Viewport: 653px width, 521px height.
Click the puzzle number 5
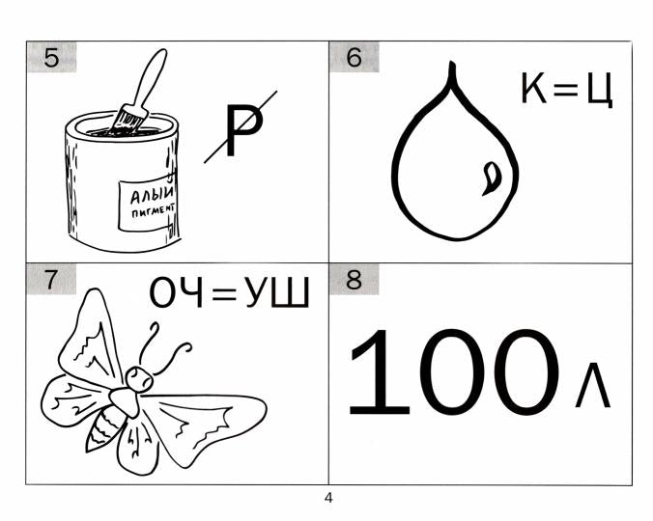point(51,58)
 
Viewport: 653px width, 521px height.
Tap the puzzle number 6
point(354,57)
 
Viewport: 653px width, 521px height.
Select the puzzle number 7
point(51,280)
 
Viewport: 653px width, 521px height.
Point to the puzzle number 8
point(354,280)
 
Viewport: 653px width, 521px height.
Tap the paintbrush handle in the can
point(149,79)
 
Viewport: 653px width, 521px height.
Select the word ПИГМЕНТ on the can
point(154,210)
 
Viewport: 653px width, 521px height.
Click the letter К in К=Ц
point(533,88)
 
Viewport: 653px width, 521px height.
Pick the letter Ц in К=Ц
point(600,90)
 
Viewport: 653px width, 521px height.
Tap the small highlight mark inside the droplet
point(492,178)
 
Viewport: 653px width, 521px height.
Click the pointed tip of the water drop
point(451,64)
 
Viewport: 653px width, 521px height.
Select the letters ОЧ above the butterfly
point(176,292)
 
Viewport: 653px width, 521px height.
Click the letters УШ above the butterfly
point(277,292)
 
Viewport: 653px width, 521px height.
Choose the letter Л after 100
point(592,385)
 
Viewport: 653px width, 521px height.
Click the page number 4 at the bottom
point(328,498)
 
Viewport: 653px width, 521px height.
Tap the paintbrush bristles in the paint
point(130,120)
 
